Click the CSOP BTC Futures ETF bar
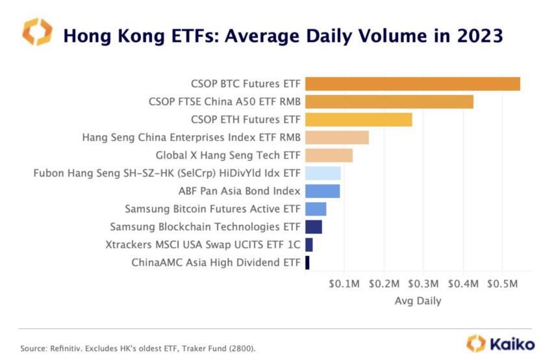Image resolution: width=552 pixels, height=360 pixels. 412,84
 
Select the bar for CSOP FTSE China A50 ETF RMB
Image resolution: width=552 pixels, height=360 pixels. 389,102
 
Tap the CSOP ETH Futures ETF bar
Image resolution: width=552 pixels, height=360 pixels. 358,120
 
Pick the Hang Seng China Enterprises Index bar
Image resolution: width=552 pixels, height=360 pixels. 336,138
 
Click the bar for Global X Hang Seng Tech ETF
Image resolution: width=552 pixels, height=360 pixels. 329,155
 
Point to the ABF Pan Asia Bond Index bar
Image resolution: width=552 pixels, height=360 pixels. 322,191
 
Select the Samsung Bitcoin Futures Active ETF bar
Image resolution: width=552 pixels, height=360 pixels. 316,209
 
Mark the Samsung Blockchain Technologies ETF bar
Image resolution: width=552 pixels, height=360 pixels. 314,227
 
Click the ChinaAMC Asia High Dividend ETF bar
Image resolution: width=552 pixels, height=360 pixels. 307,263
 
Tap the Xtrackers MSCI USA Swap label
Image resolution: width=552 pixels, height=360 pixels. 203,245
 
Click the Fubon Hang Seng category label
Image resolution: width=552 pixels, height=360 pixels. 167,174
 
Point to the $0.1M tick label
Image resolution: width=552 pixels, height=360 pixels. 344,285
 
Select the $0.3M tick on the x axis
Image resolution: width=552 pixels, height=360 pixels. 423,285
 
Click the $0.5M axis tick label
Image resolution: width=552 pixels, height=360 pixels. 503,285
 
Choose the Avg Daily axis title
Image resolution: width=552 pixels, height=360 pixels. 418,301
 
